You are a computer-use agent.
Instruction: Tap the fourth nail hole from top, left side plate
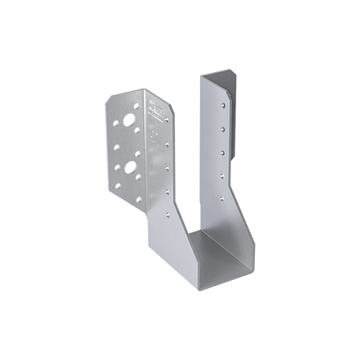point(167,192)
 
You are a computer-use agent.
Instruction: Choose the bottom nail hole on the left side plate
point(167,213)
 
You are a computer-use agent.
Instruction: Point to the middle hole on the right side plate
point(223,152)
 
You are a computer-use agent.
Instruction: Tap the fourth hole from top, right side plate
point(223,174)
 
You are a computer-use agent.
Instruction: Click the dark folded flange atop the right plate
point(229,78)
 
